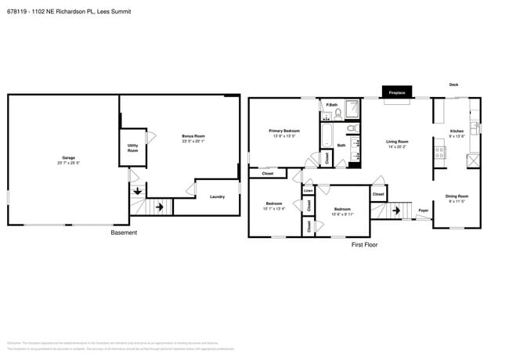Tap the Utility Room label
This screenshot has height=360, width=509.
[133, 147]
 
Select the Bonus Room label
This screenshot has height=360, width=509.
[193, 139]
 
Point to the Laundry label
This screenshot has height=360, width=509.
[217, 196]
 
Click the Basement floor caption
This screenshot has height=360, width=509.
[123, 232]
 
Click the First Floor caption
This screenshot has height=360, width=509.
[364, 245]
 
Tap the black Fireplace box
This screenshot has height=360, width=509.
[397, 92]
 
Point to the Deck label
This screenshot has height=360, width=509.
[453, 85]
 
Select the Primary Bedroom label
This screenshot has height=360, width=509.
[284, 132]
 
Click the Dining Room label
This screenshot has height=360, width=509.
[457, 197]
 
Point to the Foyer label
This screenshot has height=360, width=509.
[423, 211]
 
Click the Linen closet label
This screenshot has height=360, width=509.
[309, 190]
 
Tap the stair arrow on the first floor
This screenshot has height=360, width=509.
[396, 210]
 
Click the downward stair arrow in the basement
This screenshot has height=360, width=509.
[138, 190]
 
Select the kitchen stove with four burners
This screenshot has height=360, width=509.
[440, 153]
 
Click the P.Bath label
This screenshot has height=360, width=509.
[332, 105]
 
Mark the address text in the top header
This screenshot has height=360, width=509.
[69, 12]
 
